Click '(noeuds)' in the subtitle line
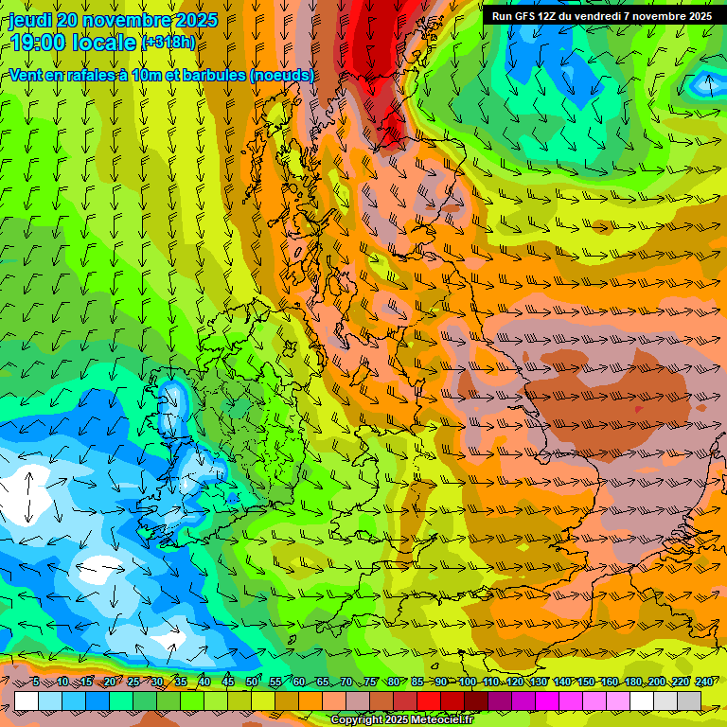(x=282, y=75)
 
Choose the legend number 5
(x=36, y=682)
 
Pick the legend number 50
(x=252, y=682)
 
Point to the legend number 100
(x=467, y=682)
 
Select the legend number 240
(x=705, y=682)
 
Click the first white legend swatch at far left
(x=27, y=700)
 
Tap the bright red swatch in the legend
(x=430, y=700)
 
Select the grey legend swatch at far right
(x=689, y=700)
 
